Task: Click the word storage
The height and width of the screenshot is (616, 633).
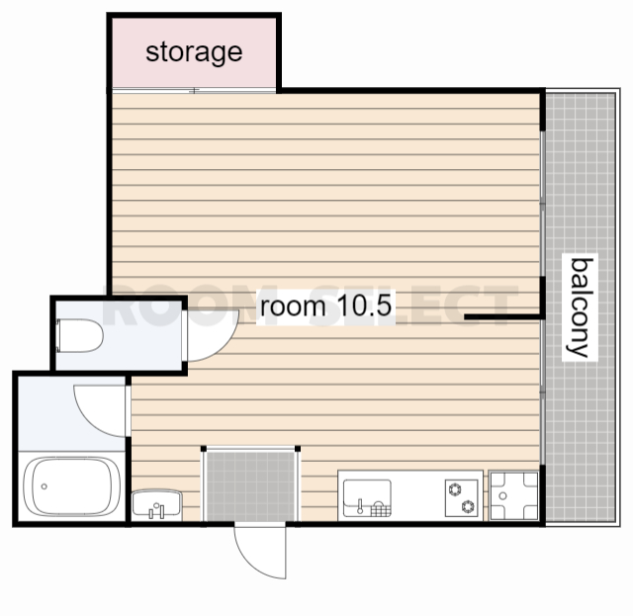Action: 194,52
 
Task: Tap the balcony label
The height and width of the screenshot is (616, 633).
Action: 580,308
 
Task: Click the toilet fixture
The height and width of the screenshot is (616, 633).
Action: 79,336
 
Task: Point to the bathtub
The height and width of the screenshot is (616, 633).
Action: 72,486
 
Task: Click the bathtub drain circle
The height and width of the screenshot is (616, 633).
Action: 44,486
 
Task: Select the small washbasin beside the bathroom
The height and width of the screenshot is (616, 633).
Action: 156,503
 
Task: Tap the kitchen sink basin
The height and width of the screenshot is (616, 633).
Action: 367,498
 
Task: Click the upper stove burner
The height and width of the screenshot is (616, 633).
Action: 455,489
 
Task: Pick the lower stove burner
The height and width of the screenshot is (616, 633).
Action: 468,506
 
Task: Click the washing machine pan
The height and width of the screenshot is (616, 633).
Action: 513,495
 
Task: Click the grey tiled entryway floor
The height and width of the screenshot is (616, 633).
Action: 250,486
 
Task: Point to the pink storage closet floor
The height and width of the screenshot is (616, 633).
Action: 194,52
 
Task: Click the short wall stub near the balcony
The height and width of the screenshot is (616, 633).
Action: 501,317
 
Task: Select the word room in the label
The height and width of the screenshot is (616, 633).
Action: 293,306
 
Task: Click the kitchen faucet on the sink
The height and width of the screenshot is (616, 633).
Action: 360,506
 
